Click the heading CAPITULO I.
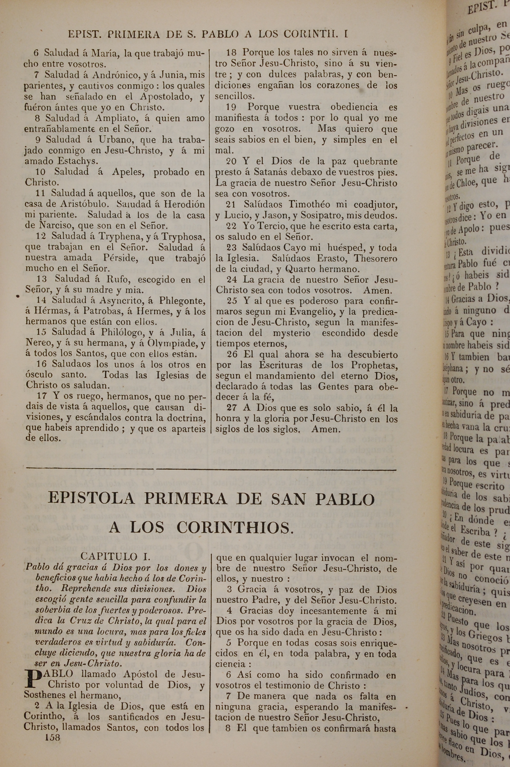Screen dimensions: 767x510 tap(116, 556)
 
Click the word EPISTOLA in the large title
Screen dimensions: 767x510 tap(91, 499)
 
